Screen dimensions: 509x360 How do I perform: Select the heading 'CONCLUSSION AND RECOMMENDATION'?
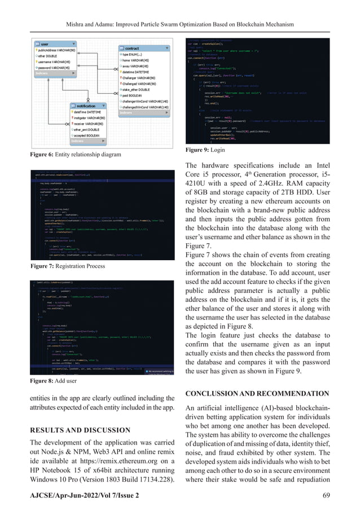259,393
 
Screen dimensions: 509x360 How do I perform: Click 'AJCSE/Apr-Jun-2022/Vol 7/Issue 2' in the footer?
85,495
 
